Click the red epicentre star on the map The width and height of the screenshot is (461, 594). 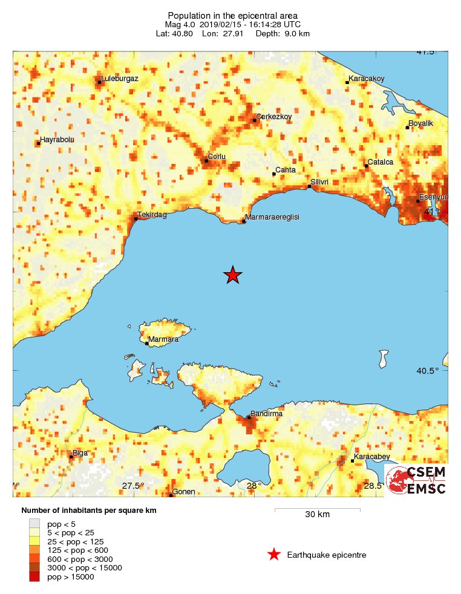coord(233,275)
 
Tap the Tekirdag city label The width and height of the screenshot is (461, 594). coord(151,215)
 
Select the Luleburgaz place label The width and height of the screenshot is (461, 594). coord(120,79)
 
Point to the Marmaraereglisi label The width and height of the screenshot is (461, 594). coord(273,217)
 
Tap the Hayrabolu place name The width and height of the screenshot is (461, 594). coord(57,140)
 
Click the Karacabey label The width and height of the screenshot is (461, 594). coord(372,457)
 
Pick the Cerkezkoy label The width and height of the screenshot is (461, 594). coord(274,116)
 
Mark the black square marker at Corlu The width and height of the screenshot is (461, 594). coord(206,161)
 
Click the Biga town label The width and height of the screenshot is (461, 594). coord(80,452)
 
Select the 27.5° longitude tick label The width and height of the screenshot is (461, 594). coord(133,486)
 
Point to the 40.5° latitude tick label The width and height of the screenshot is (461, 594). coord(428,371)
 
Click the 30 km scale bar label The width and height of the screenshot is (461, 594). coord(317,515)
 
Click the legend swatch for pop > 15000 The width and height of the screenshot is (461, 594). coord(34,577)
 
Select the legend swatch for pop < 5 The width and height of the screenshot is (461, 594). coord(34,523)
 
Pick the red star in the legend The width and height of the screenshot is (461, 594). coord(274,554)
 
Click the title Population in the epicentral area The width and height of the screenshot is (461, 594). coord(232,15)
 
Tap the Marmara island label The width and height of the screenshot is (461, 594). coord(164,339)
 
